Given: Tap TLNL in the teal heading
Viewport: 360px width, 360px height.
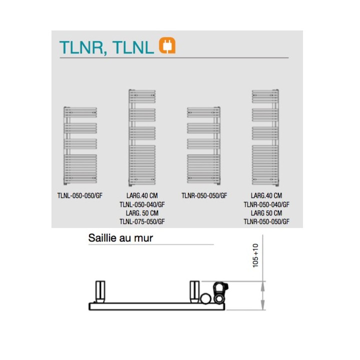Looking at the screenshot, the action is [133, 47].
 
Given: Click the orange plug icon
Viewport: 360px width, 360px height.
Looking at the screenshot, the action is [167, 45].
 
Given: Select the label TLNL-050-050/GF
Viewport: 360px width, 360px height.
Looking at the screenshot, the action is [80, 195].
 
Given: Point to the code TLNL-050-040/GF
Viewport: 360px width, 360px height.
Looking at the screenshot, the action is [142, 204].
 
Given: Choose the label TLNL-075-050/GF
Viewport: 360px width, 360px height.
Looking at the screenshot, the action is [142, 221].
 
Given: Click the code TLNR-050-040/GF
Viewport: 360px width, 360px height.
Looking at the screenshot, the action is [266, 204].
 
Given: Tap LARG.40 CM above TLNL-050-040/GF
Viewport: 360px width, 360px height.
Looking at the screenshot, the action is [142, 195].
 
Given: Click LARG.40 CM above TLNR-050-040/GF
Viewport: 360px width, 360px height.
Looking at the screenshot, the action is [266, 195].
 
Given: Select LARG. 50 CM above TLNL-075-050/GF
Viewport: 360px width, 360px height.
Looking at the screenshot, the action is [142, 213].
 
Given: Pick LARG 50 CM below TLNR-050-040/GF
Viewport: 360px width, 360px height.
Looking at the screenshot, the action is [266, 213].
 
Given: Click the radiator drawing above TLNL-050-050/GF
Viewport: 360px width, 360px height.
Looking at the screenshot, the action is [80, 145].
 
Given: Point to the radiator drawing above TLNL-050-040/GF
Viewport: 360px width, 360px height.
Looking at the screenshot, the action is [142, 137].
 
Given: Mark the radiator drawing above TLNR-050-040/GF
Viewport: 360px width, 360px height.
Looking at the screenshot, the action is [265, 137].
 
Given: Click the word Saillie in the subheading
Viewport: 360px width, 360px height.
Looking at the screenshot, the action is [102, 238].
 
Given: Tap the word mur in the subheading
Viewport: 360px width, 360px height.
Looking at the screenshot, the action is [143, 238].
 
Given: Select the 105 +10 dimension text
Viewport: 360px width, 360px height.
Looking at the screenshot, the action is [255, 255].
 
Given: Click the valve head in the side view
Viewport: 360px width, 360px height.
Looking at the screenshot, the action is [220, 292].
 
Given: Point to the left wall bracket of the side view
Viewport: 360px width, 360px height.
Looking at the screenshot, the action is [100, 292].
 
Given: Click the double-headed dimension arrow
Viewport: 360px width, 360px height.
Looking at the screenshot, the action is [262, 295].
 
